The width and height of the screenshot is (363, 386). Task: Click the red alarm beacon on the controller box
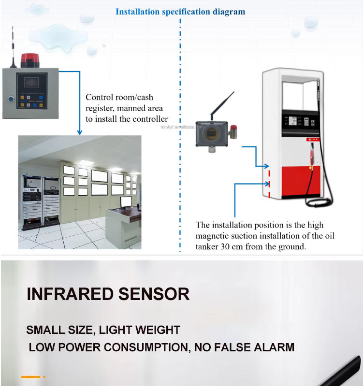tap(30, 60)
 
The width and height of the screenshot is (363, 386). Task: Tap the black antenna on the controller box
tap(13, 47)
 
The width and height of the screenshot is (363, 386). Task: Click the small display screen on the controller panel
tap(31, 82)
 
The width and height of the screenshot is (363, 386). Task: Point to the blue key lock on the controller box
tap(11, 99)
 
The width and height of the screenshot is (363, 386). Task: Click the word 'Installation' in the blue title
tap(138, 12)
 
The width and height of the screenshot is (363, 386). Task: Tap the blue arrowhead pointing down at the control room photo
tap(80, 132)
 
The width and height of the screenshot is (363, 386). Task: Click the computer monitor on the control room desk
tap(126, 202)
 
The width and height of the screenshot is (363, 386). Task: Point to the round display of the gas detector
tap(212, 134)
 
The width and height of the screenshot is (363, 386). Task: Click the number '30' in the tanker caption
tap(225, 246)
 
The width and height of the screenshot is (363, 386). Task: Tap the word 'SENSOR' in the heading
tap(154, 294)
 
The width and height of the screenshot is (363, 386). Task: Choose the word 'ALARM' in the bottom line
tap(274, 347)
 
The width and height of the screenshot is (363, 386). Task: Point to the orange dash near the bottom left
tap(30, 377)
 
